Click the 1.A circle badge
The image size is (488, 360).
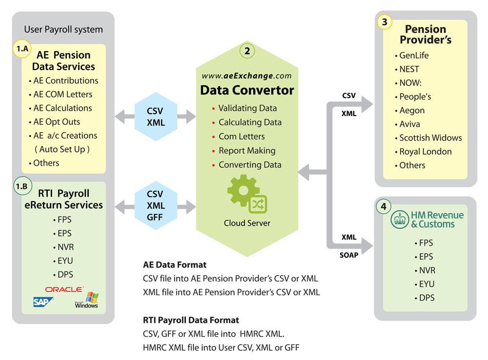(x=21, y=49)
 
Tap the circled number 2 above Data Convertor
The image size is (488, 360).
(x=247, y=50)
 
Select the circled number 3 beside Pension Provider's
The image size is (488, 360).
(x=385, y=22)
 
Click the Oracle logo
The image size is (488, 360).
(x=64, y=289)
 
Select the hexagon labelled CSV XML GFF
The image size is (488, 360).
(x=155, y=205)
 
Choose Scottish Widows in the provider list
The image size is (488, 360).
(x=430, y=138)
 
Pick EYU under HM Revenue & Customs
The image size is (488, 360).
(x=426, y=284)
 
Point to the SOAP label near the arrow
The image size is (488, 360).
(x=348, y=254)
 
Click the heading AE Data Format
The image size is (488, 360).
(x=174, y=265)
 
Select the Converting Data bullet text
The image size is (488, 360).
(x=249, y=164)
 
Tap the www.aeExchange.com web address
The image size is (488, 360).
(x=246, y=76)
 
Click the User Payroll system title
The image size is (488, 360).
(x=63, y=29)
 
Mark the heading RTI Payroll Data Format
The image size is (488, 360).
(x=191, y=320)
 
